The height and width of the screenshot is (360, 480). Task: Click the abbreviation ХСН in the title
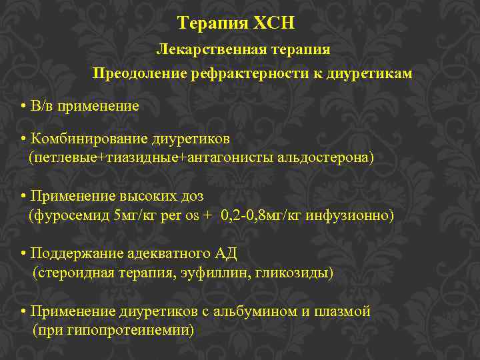tap(273, 24)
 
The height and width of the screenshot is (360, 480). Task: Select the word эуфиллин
tap(211, 273)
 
